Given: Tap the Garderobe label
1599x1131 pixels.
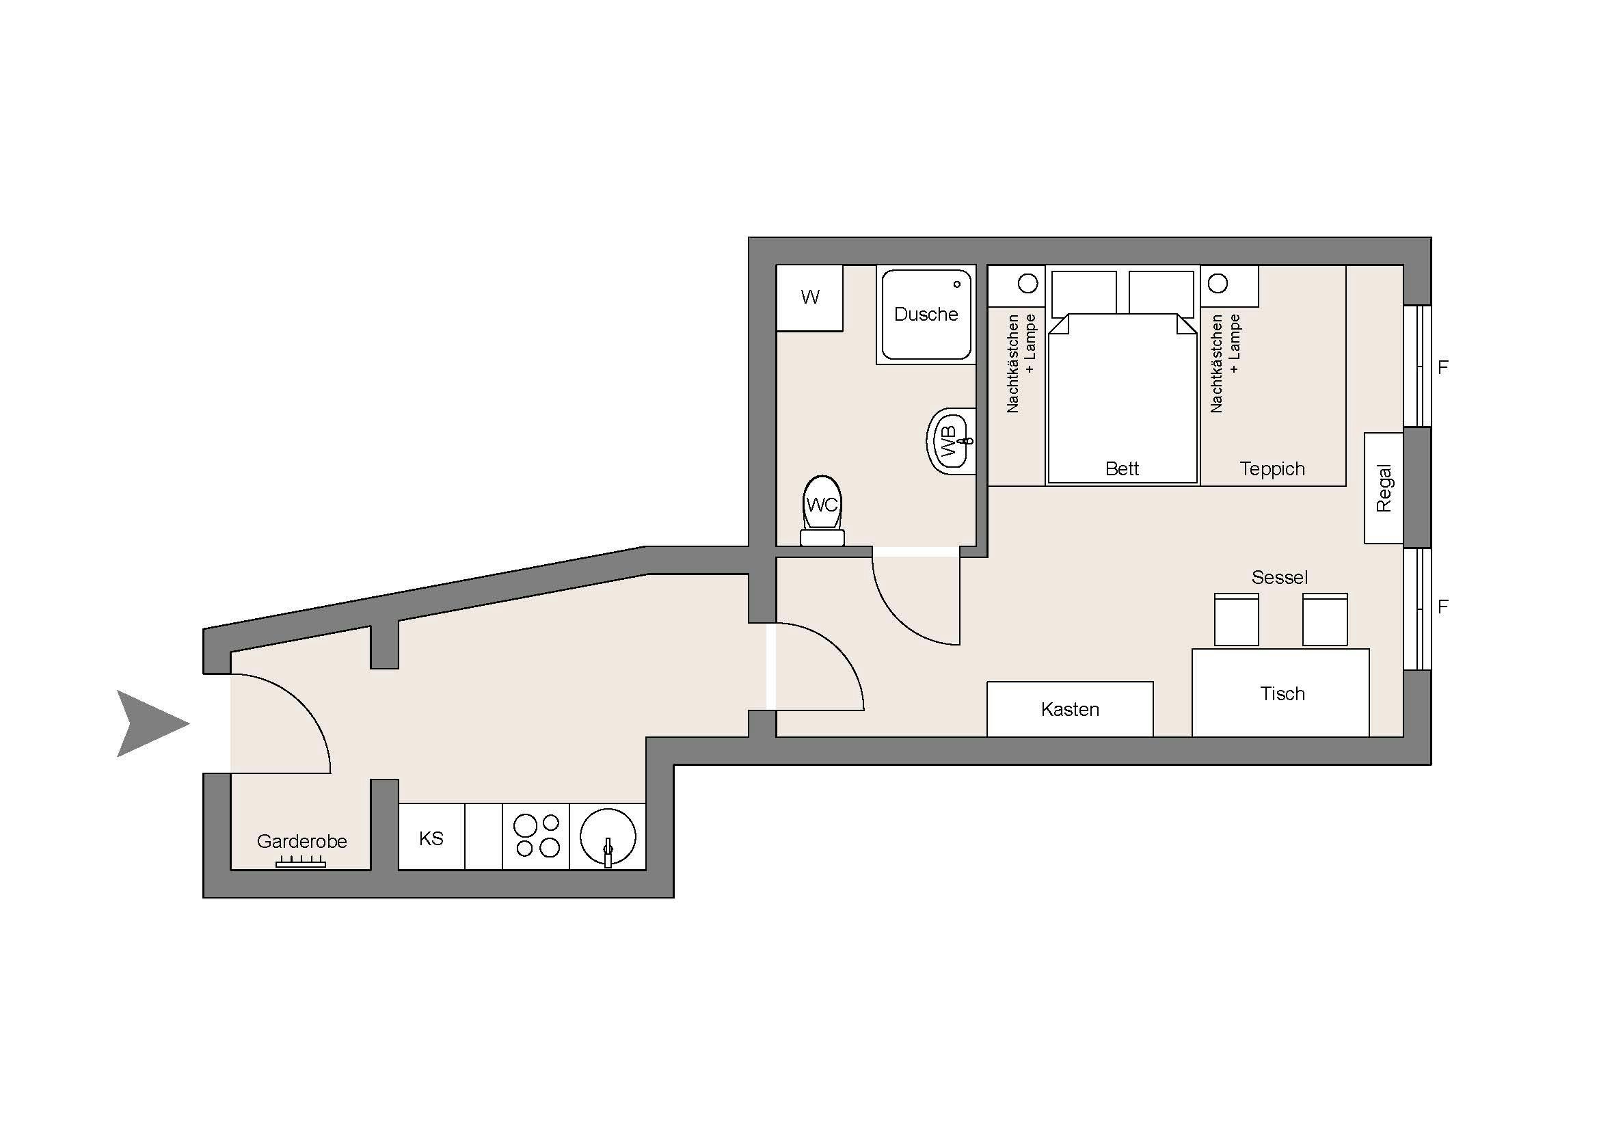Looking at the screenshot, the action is pos(301,841).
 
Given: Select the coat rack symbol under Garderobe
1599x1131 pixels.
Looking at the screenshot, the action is pos(301,863).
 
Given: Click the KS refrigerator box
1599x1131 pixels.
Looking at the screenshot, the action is pos(431,837).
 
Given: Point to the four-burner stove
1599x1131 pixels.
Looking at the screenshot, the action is pos(536,837).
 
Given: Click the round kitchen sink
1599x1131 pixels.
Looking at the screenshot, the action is pos(607,837).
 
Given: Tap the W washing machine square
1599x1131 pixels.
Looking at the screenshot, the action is pos(809,297).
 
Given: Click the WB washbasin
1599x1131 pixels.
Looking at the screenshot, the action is pos(952,442).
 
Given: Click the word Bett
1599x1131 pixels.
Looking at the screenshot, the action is pos(1122,468).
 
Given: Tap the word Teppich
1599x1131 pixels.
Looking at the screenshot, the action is pos(1272,468).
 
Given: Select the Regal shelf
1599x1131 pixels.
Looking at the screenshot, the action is pos(1383,488).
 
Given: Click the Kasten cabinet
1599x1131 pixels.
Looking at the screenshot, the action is pos(1070,709).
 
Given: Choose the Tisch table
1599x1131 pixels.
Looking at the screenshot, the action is pos(1280,693).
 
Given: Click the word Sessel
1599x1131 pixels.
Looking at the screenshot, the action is pos(1279,577).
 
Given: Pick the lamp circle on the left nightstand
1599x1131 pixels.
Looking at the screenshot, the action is pos(1028,284).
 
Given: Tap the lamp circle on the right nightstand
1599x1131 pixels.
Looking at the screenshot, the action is pos(1218,284).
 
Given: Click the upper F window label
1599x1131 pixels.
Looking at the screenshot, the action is pos(1443,367).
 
